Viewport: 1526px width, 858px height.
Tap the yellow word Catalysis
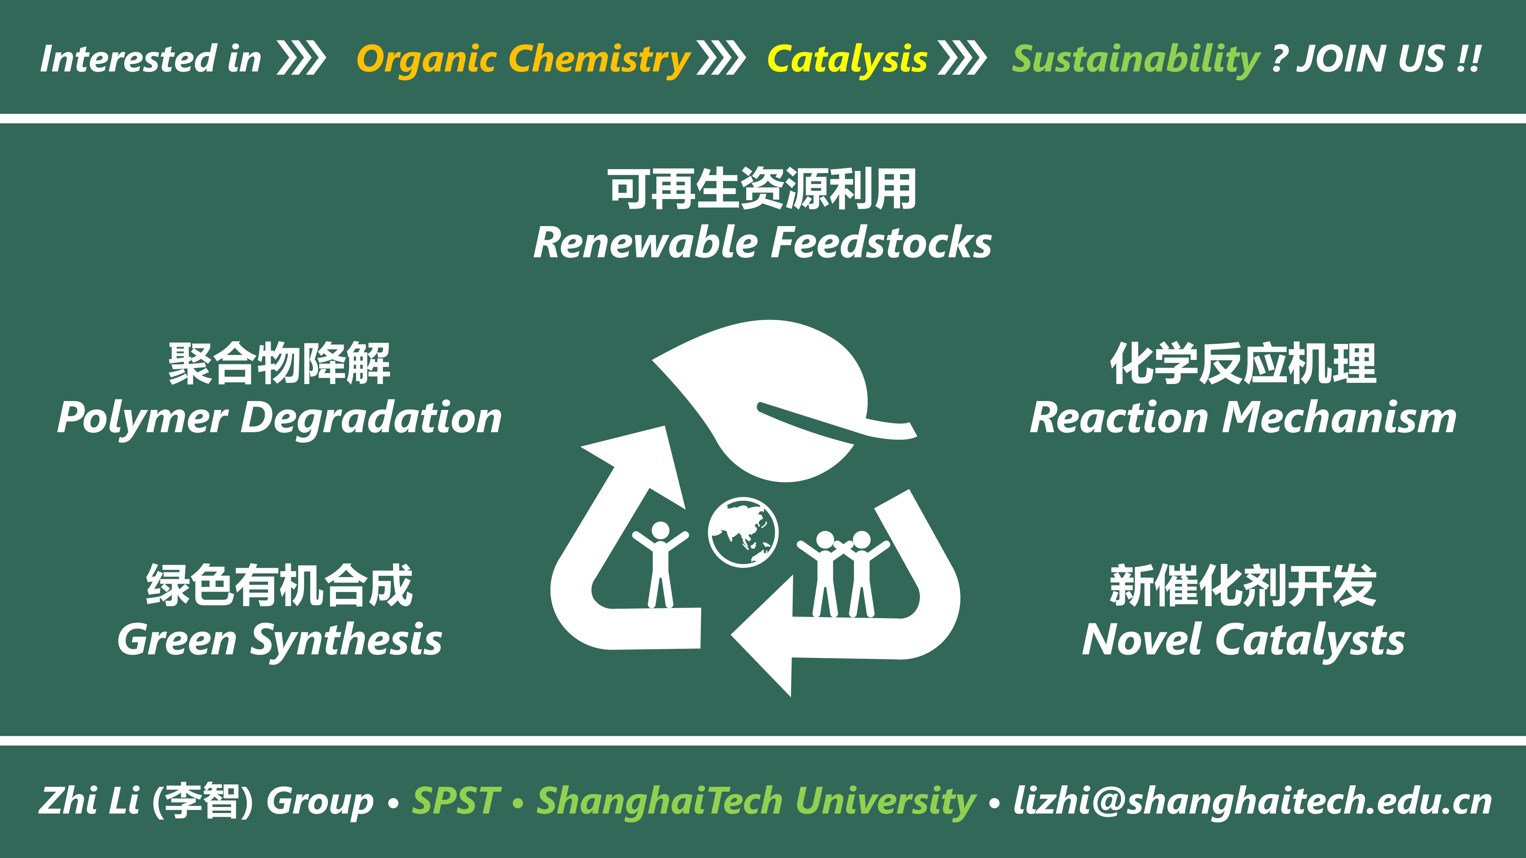[x=847, y=59]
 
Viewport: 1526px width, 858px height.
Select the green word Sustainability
[x=1136, y=60]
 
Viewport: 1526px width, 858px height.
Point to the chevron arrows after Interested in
[x=302, y=59]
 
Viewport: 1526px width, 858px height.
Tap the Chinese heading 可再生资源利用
[x=762, y=189]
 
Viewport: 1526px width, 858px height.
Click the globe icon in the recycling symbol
[x=743, y=532]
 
